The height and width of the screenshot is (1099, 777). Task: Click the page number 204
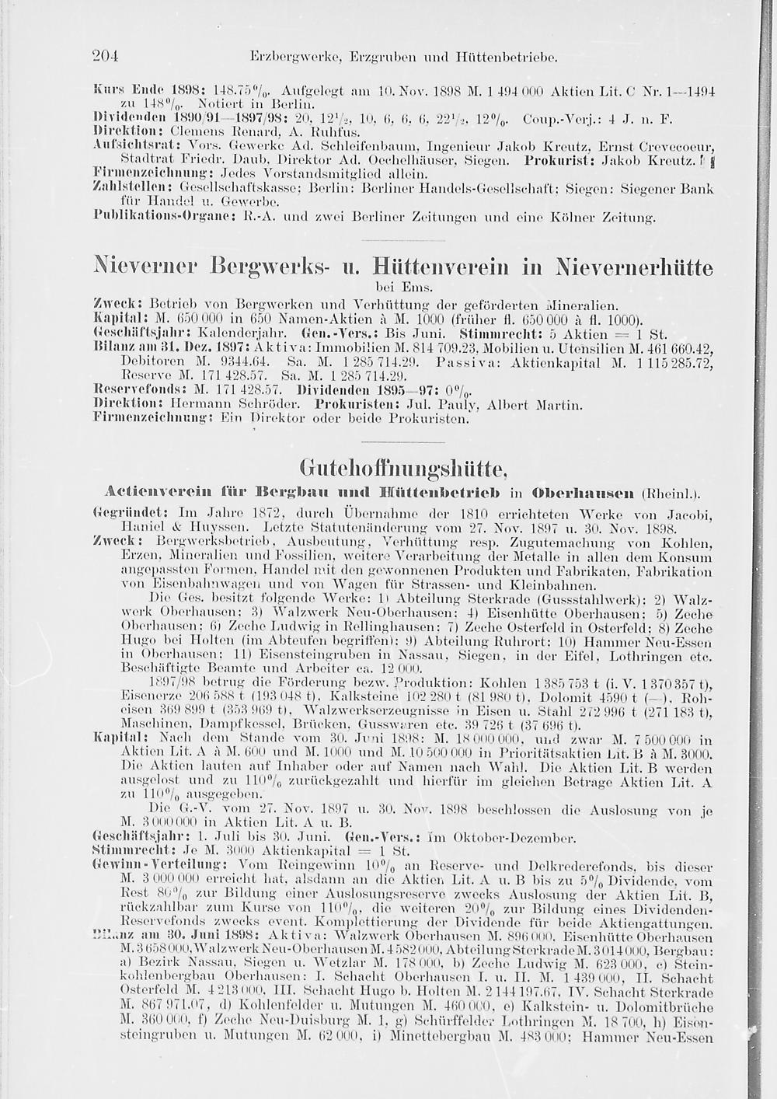pos(104,56)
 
